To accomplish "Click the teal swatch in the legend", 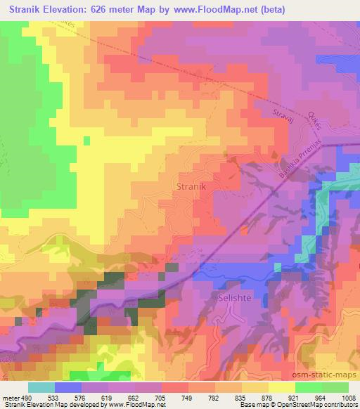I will (41, 387).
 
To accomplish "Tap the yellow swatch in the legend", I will (282, 387).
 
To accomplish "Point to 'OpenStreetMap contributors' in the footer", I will (321, 405).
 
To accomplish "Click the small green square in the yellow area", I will (86, 141).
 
